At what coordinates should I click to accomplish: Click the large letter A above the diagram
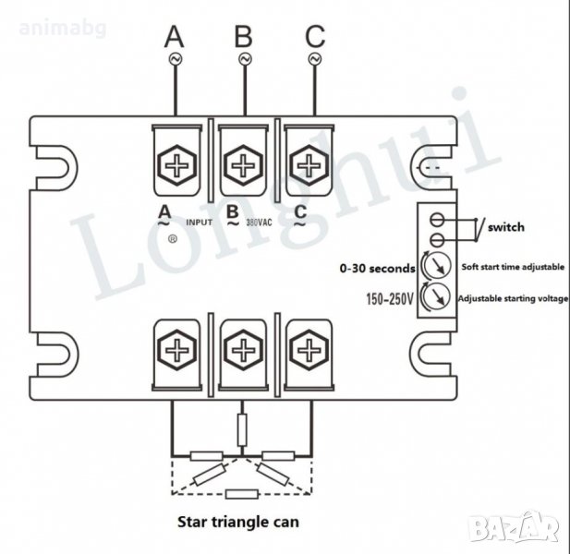click(175, 36)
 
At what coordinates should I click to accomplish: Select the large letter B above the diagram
click(243, 36)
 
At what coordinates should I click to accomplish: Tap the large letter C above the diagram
click(315, 36)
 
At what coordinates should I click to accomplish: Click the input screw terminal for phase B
click(243, 164)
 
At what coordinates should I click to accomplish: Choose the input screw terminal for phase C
click(306, 164)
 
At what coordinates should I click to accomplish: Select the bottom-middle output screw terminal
click(243, 352)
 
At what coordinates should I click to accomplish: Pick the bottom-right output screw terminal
click(306, 352)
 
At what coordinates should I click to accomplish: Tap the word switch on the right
click(506, 226)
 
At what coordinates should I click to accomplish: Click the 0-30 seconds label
click(377, 269)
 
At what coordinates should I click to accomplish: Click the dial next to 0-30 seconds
click(432, 269)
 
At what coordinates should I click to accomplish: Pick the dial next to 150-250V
click(432, 298)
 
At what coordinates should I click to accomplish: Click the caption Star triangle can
click(243, 521)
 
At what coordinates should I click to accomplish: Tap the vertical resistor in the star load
click(242, 429)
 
